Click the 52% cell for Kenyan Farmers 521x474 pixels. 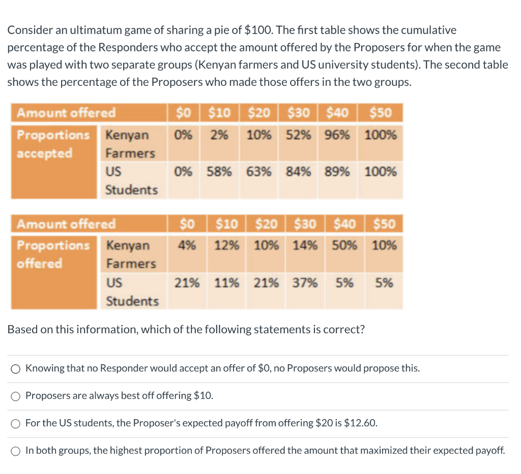tap(300, 135)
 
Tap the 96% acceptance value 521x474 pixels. tap(337, 135)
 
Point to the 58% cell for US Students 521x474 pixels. tap(219, 172)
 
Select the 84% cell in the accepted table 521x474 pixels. tap(299, 172)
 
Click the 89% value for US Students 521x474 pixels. tap(337, 172)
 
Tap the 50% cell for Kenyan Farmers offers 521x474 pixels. tap(344, 245)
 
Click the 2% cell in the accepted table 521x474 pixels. tap(220, 135)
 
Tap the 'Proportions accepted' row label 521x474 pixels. tap(53, 144)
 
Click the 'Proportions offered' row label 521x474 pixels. tap(53, 254)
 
